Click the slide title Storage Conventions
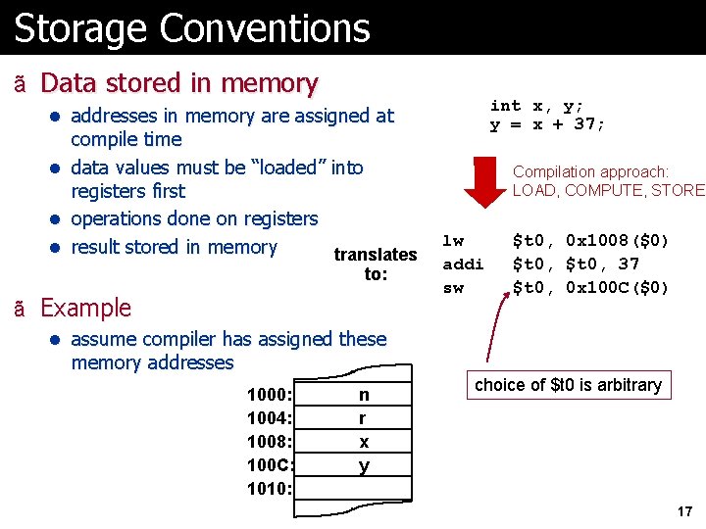[x=192, y=28]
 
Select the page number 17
[x=684, y=511]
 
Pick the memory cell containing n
[x=364, y=395]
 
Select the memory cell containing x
[x=364, y=442]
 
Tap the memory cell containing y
[x=364, y=465]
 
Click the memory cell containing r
[x=364, y=418]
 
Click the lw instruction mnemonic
[x=453, y=240]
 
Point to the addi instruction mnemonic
[x=463, y=264]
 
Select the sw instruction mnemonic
[x=453, y=288]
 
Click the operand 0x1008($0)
[x=618, y=240]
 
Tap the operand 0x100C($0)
[x=618, y=288]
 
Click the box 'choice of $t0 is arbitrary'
[x=568, y=385]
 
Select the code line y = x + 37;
[x=547, y=124]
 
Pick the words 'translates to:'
[x=376, y=264]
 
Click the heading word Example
[x=85, y=308]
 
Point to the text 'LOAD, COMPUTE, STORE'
[x=608, y=190]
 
